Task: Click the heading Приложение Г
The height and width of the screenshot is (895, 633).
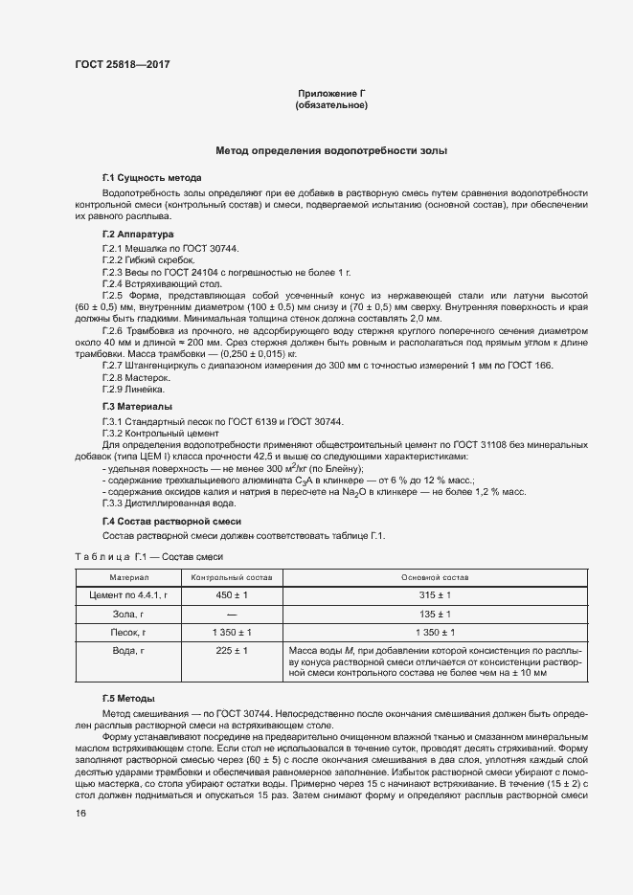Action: tap(332, 93)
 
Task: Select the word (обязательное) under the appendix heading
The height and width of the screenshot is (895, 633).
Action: tap(332, 104)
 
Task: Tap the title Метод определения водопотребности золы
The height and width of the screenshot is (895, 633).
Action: tap(331, 150)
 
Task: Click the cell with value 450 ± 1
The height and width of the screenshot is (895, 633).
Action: tap(232, 595)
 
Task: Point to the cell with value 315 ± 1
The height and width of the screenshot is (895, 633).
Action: tap(436, 595)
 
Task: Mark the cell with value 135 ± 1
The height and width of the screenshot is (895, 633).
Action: tap(436, 614)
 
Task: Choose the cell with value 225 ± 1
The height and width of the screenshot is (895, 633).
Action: tap(232, 651)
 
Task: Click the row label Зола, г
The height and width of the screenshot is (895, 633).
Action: tap(128, 614)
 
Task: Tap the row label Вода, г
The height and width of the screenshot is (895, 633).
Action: tap(128, 651)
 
